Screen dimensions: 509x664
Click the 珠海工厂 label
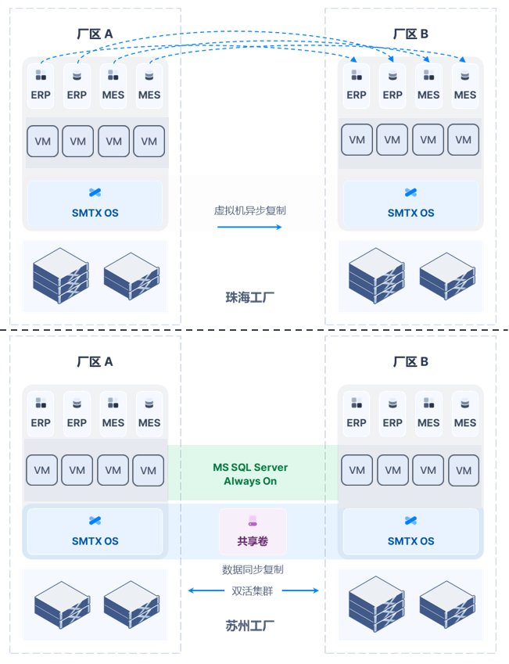pyautogui.click(x=250, y=297)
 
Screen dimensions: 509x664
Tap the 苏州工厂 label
pyautogui.click(x=250, y=626)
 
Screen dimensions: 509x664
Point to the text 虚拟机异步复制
pyautogui.click(x=250, y=210)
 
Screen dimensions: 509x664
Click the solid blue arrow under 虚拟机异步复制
pyautogui.click(x=249, y=227)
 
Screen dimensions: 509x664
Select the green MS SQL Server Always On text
pyautogui.click(x=250, y=474)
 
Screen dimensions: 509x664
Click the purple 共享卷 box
pyautogui.click(x=253, y=532)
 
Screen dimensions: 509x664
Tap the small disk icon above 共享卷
pyautogui.click(x=253, y=520)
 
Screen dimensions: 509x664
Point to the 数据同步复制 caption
pyautogui.click(x=253, y=569)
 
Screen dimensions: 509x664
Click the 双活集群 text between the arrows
pyautogui.click(x=253, y=590)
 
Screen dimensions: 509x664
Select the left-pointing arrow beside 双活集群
pyautogui.click(x=206, y=590)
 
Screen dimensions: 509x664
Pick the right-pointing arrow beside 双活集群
pyautogui.click(x=300, y=590)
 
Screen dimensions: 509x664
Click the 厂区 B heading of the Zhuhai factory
pyautogui.click(x=410, y=34)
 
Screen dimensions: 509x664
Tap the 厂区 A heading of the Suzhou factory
pyautogui.click(x=95, y=361)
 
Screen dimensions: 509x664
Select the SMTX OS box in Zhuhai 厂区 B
pyautogui.click(x=410, y=203)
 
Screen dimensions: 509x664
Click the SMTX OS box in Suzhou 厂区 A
pyautogui.click(x=95, y=532)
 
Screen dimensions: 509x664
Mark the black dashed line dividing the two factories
pyautogui.click(x=254, y=329)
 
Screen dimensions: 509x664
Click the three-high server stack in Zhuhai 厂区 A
pyautogui.click(x=61, y=275)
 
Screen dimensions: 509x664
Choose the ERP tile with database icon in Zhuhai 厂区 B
pyautogui.click(x=393, y=86)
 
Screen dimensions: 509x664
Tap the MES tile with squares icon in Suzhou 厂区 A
pyautogui.click(x=113, y=415)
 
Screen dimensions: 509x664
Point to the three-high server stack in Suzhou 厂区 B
pyautogui.click(x=376, y=604)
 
